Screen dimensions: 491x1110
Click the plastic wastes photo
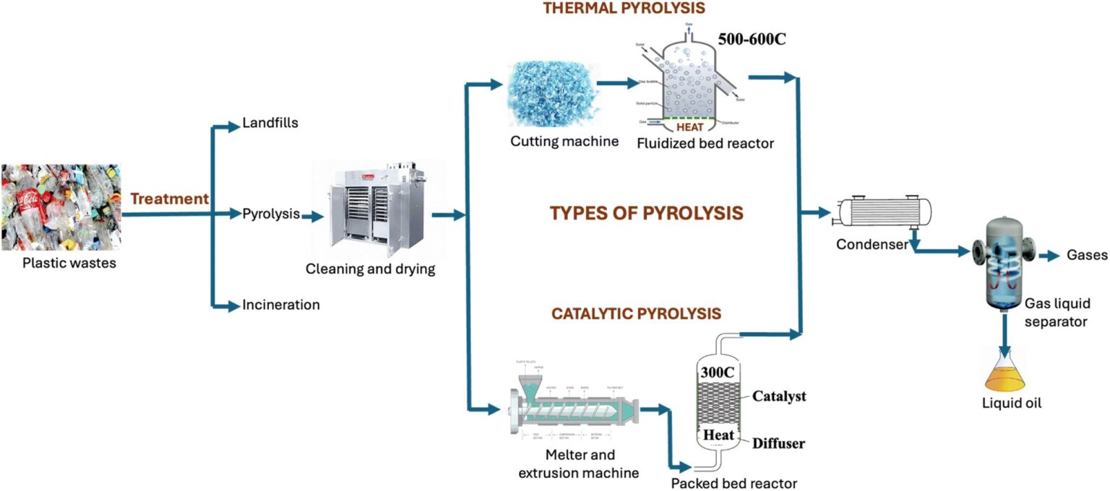(61, 207)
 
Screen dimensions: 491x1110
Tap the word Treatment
(170, 199)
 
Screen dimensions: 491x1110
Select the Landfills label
(270, 123)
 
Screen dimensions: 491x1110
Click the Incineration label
(281, 305)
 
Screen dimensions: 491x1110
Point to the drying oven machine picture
(368, 210)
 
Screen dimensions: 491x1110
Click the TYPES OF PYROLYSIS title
(646, 214)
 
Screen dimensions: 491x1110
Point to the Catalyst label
(779, 396)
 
